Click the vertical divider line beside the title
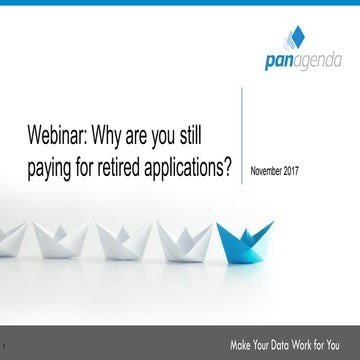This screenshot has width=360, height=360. (x=242, y=135)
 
